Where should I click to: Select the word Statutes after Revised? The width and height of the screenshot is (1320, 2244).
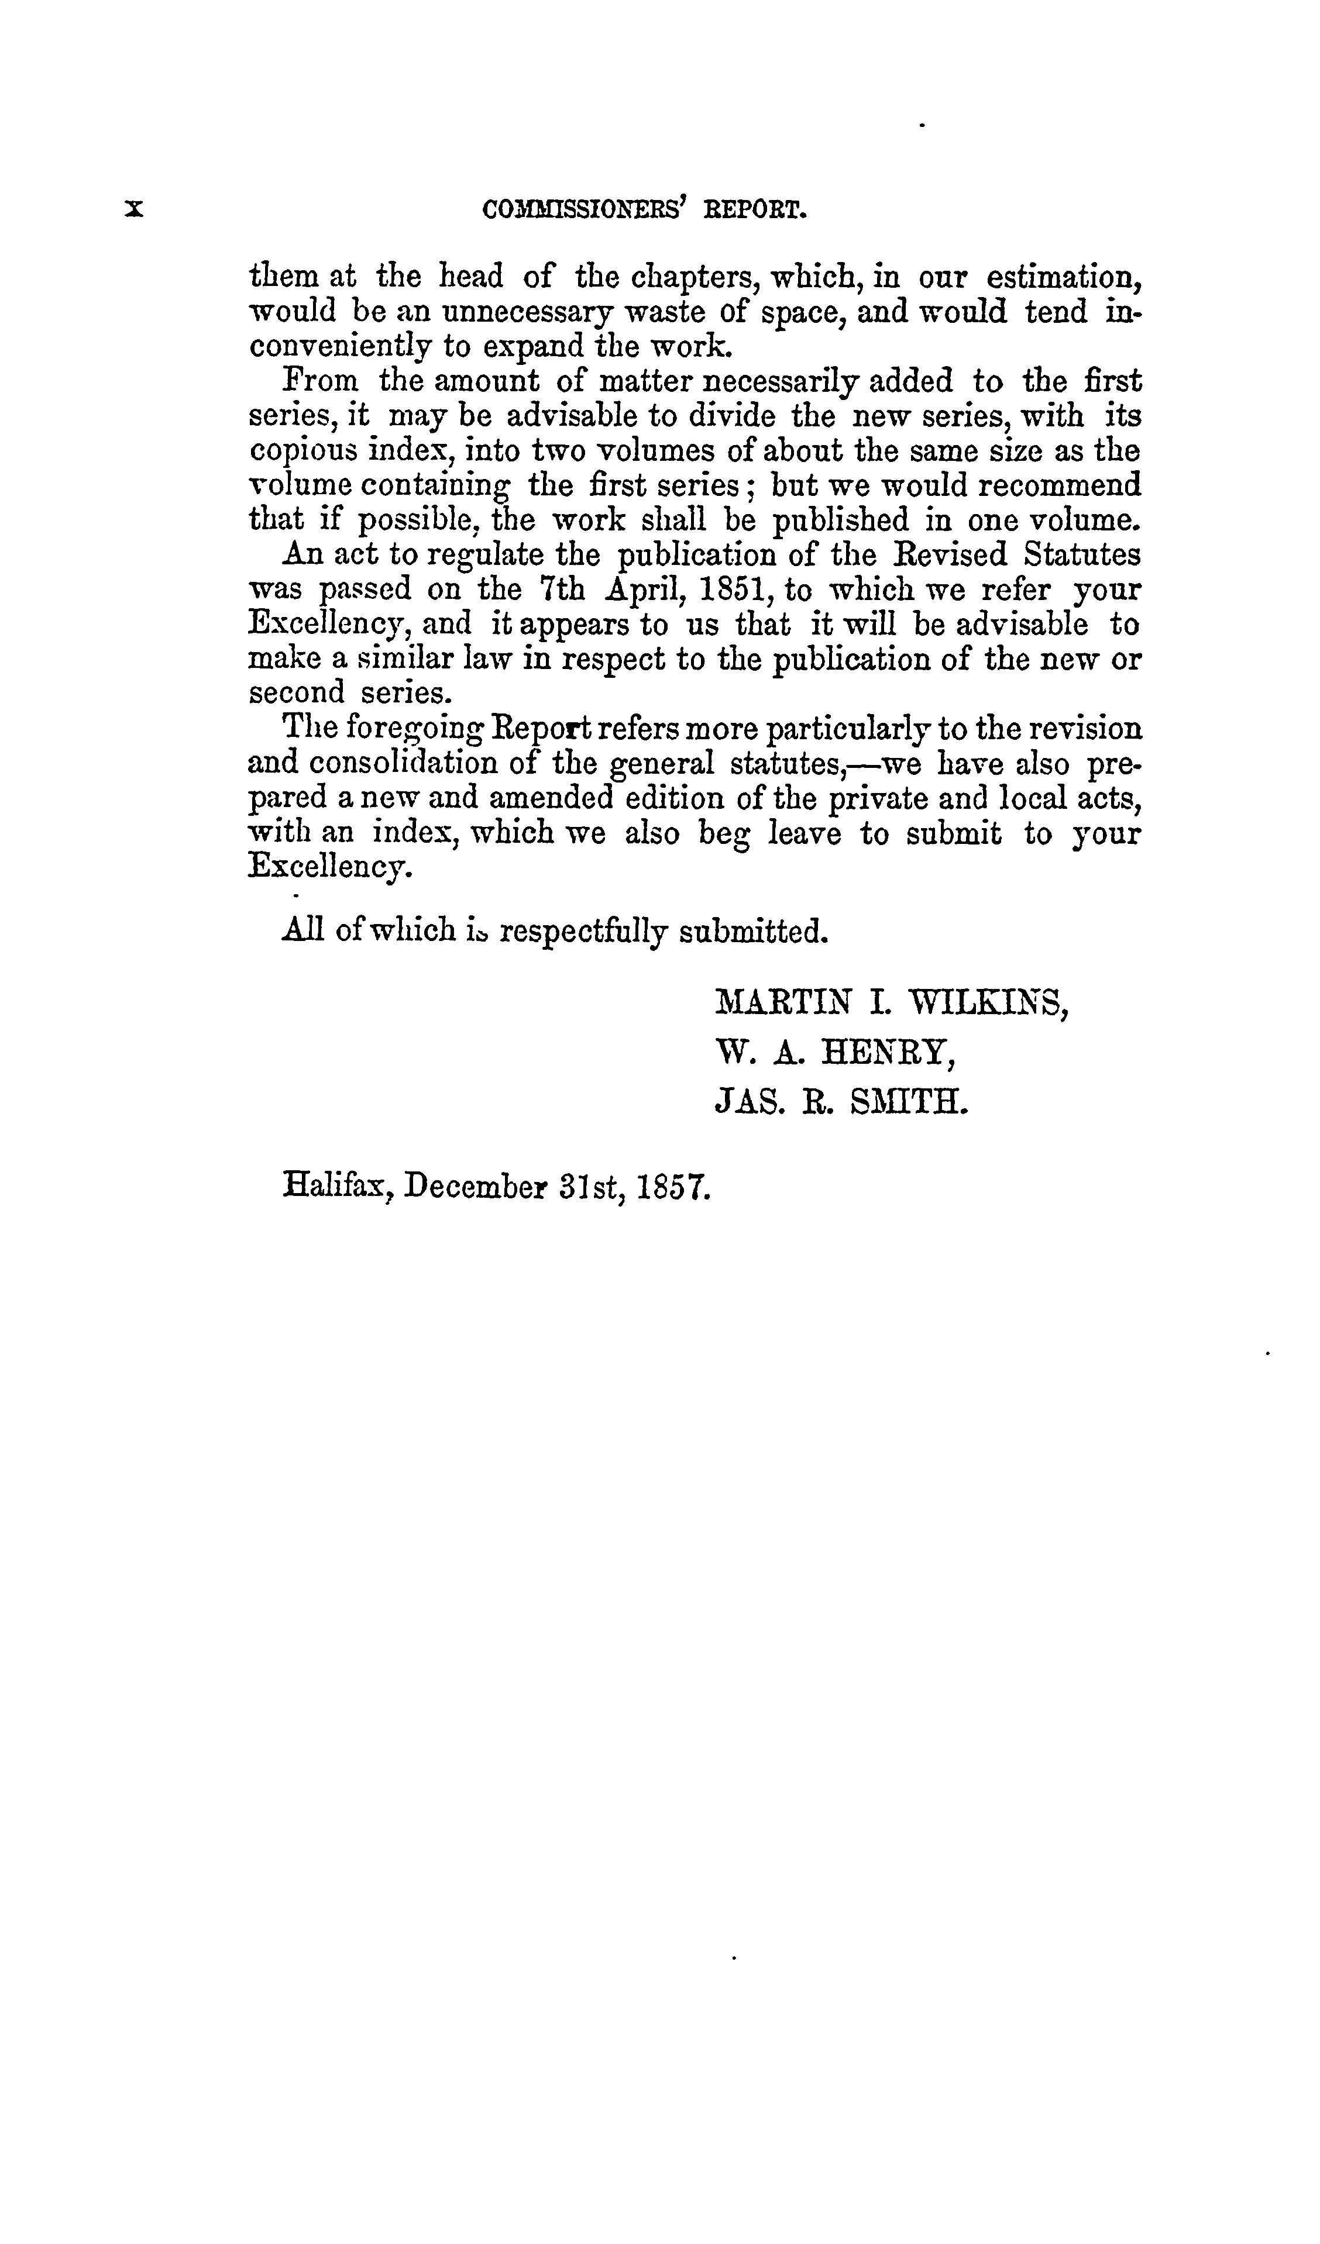(x=1081, y=555)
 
